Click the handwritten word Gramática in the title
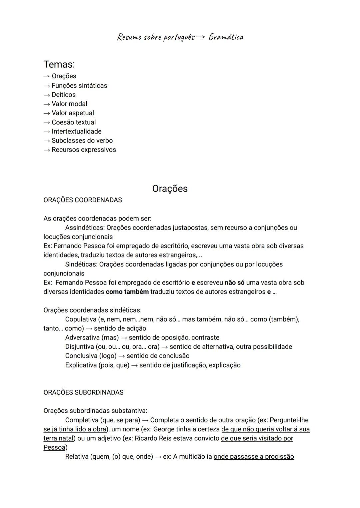226,37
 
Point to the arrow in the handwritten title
201,37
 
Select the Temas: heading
59,64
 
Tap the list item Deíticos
63,95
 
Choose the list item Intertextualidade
76,131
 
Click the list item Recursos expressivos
84,150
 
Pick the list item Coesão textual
73,122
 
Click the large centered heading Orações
170,189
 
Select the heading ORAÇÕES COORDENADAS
83,200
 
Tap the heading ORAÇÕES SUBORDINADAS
83,392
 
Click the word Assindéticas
85,228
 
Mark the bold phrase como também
127,292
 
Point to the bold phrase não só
234,282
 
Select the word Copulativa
81,319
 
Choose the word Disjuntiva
79,346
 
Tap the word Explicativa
81,365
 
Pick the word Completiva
81,420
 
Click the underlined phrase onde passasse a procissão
254,456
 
